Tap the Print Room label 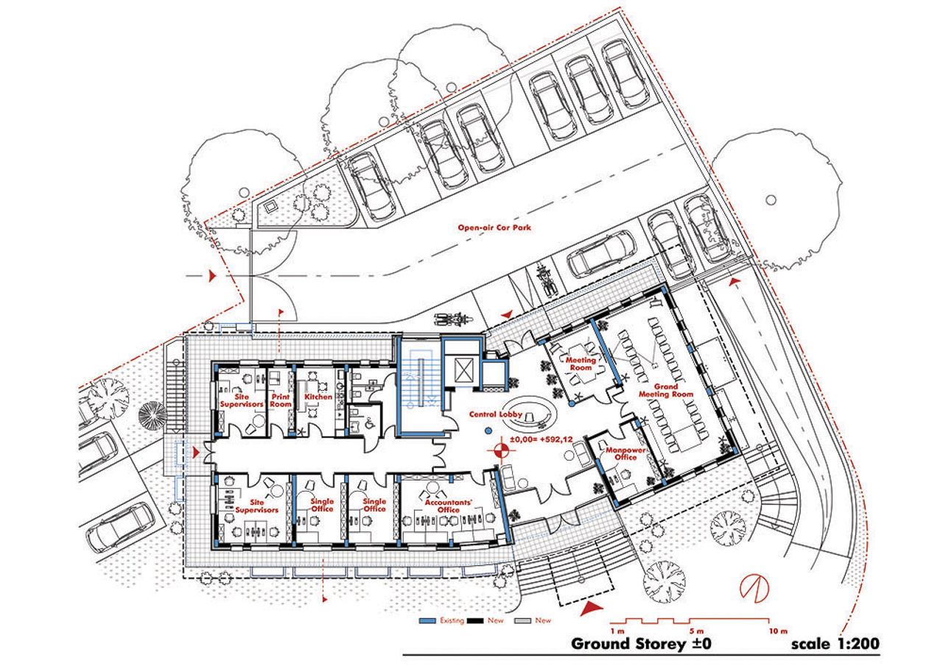[x=280, y=400]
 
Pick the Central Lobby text [x=496, y=415]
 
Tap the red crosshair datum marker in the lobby [x=502, y=449]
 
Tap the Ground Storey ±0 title [x=642, y=644]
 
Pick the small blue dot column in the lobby [x=487, y=430]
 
